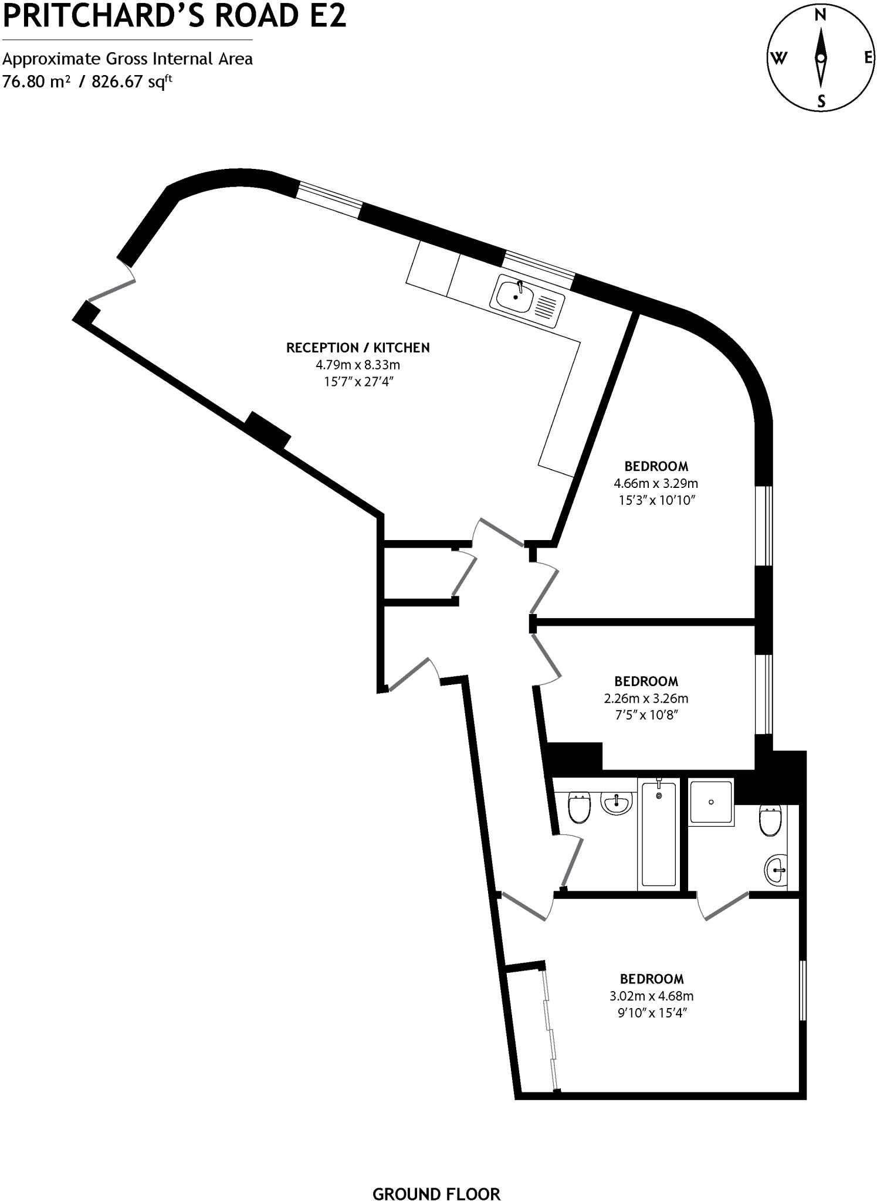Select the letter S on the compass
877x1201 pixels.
click(x=821, y=101)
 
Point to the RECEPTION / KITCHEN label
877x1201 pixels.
click(x=358, y=348)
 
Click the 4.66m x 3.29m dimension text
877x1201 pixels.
click(x=656, y=484)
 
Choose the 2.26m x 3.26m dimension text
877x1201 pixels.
click(x=646, y=698)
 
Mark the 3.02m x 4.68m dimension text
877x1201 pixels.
click(x=651, y=996)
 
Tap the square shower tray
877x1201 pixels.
click(x=711, y=802)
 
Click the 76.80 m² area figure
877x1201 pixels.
click(x=36, y=81)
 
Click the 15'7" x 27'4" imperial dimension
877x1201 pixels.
click(x=358, y=382)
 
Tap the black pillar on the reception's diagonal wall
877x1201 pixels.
click(x=268, y=430)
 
